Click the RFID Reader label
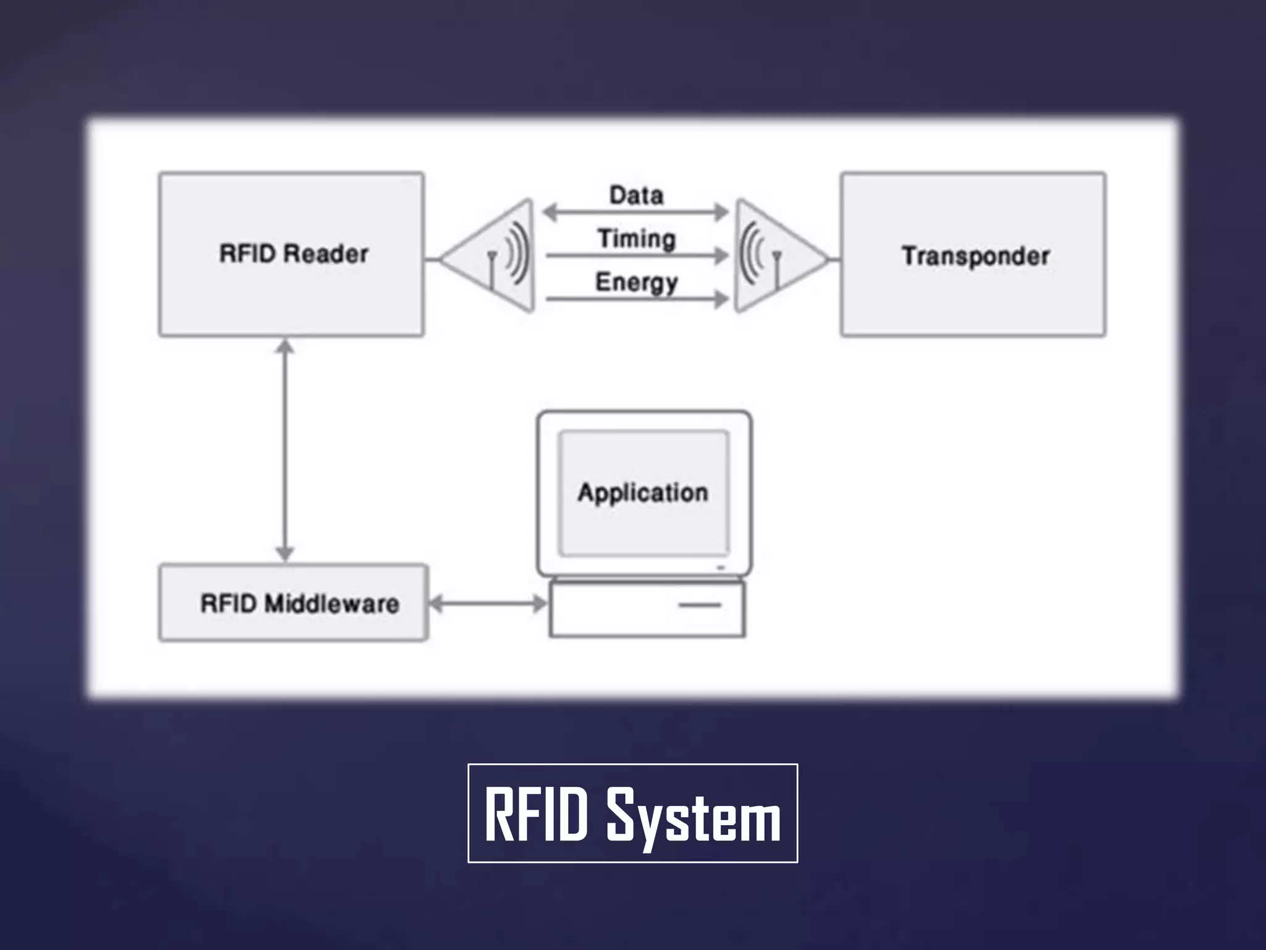[x=294, y=254]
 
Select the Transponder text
[x=975, y=256]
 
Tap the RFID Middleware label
[x=300, y=604]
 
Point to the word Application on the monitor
[x=643, y=493]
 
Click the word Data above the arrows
[x=636, y=195]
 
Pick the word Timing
[x=636, y=239]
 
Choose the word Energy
[x=636, y=283]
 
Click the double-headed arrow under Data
[x=636, y=212]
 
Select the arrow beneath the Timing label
[x=636, y=255]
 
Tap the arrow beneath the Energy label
[x=636, y=299]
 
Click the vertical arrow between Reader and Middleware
[x=284, y=450]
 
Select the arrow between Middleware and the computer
[x=488, y=603]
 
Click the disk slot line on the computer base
[x=700, y=605]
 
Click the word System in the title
[x=694, y=815]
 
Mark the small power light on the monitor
[x=720, y=567]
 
